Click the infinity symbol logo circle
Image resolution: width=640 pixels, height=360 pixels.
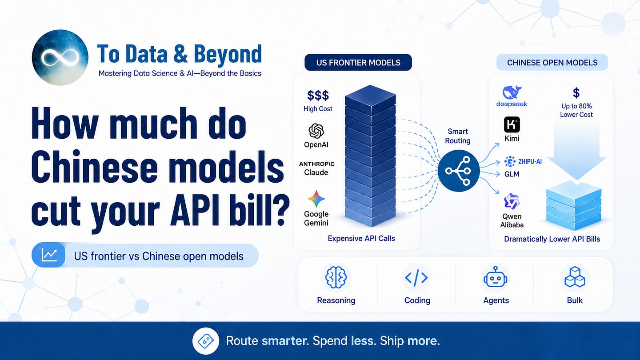pyautogui.click(x=60, y=57)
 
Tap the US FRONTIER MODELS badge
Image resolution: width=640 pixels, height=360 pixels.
pyautogui.click(x=358, y=62)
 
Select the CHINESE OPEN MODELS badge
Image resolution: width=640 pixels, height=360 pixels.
pyautogui.click(x=552, y=62)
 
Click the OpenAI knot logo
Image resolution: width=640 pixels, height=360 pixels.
pyautogui.click(x=316, y=131)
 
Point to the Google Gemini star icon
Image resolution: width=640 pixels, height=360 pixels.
pyautogui.click(x=316, y=199)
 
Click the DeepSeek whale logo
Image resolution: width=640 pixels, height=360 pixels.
pyautogui.click(x=512, y=92)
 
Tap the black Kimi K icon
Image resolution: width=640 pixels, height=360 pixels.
pyautogui.click(x=512, y=124)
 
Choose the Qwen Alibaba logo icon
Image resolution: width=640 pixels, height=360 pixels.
pyautogui.click(x=512, y=201)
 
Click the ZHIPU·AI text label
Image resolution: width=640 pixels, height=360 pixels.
pyautogui.click(x=530, y=162)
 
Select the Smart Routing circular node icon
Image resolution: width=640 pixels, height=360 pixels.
pyautogui.click(x=459, y=171)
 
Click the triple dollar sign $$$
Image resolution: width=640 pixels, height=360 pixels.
pyautogui.click(x=318, y=96)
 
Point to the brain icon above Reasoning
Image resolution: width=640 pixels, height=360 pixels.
pyautogui.click(x=336, y=277)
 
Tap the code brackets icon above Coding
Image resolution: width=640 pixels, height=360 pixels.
pyautogui.click(x=416, y=277)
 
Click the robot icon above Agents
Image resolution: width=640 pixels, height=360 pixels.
pyautogui.click(x=496, y=277)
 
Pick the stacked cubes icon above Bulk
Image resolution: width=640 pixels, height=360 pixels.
pyautogui.click(x=575, y=277)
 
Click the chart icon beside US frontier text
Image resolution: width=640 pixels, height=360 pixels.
pyautogui.click(x=49, y=255)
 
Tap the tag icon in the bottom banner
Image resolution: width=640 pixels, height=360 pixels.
pyautogui.click(x=206, y=340)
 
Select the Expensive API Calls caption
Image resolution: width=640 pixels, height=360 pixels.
pyautogui.click(x=361, y=239)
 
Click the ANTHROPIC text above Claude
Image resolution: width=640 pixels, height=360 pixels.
pyautogui.click(x=316, y=164)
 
